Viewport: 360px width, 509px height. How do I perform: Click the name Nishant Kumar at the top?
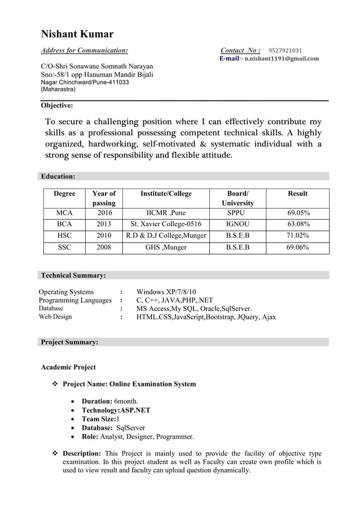(x=77, y=34)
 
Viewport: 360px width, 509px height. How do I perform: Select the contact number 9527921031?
(x=284, y=50)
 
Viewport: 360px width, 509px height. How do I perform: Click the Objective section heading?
(x=57, y=105)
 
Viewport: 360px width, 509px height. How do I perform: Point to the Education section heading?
(x=58, y=177)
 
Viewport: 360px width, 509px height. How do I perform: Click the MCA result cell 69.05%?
(x=297, y=213)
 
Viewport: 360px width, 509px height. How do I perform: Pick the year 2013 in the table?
(x=104, y=224)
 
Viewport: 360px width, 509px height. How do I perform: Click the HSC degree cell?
(x=64, y=235)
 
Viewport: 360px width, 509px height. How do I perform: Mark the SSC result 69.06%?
(x=297, y=247)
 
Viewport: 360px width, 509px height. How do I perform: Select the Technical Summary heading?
(x=73, y=275)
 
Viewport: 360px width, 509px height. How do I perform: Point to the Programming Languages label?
(x=75, y=300)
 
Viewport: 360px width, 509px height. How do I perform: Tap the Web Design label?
(x=55, y=317)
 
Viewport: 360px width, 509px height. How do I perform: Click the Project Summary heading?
(x=69, y=342)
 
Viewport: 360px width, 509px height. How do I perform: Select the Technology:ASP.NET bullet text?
(x=116, y=410)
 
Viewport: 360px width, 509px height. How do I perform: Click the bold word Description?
(x=81, y=454)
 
